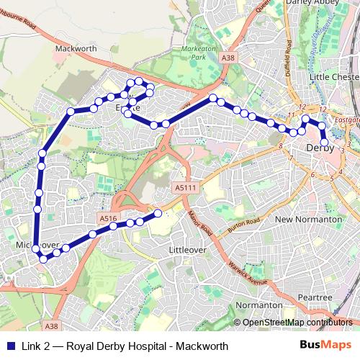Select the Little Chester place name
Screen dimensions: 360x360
(333, 76)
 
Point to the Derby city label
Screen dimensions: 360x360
(320, 148)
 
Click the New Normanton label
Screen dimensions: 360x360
(308, 219)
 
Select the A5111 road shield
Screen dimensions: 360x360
(185, 187)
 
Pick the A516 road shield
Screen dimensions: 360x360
(108, 218)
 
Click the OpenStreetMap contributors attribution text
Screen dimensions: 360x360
(297, 323)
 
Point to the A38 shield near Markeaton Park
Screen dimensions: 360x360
(228, 57)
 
